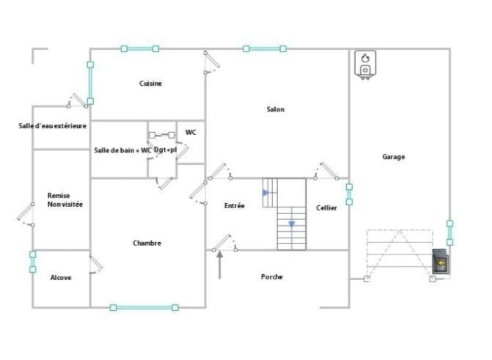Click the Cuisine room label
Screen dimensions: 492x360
(x=150, y=84)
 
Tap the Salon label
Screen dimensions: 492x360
(x=276, y=109)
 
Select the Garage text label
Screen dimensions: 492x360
(x=394, y=157)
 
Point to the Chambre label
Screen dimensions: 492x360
(x=147, y=243)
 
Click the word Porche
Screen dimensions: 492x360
(x=272, y=277)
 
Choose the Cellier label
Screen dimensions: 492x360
(x=326, y=207)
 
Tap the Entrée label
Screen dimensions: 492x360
(x=235, y=206)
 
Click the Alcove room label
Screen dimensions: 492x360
(x=61, y=278)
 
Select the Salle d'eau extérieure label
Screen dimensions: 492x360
(x=52, y=126)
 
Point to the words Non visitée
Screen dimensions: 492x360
(x=65, y=205)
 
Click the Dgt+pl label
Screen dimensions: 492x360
(x=166, y=150)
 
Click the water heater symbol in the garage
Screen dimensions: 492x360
(x=365, y=65)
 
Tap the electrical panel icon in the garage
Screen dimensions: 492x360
(x=440, y=262)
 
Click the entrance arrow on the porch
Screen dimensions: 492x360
(x=220, y=265)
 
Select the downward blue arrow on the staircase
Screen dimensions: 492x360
(x=292, y=224)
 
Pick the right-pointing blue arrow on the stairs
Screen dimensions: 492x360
(x=266, y=192)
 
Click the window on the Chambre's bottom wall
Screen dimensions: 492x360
(x=144, y=308)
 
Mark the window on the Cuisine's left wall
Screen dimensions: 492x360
(x=90, y=83)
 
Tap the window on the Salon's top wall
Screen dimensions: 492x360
(x=265, y=48)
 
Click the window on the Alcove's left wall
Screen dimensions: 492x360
(x=33, y=262)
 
